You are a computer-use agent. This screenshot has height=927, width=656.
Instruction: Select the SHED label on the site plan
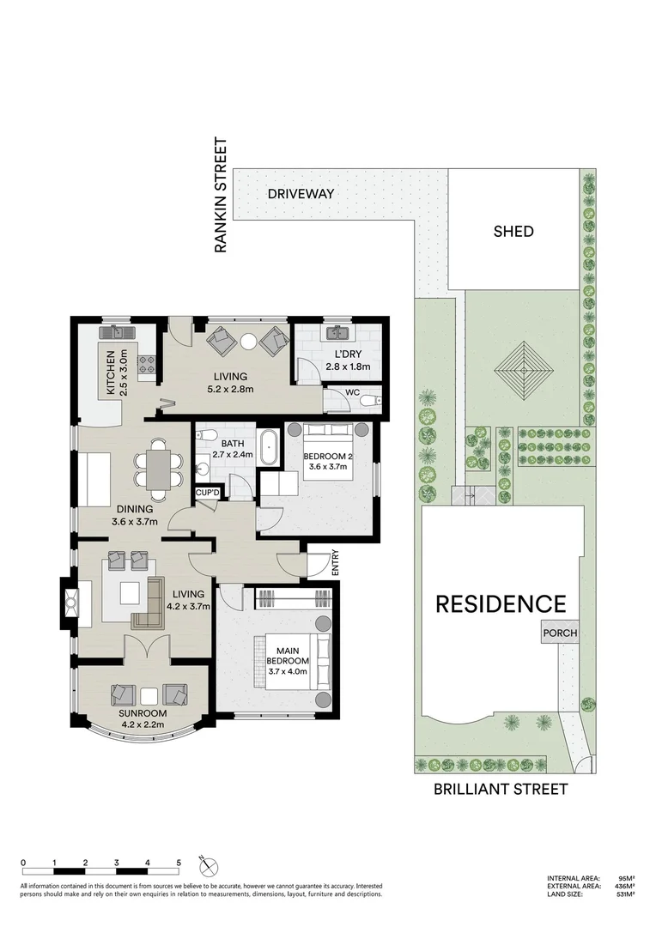coord(513,231)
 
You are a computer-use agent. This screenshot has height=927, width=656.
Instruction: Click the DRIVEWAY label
coord(300,194)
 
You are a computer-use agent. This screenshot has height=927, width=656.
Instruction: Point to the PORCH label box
coord(559,633)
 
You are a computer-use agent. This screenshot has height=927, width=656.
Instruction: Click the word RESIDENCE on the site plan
coord(501,603)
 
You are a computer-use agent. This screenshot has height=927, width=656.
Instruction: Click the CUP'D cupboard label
coord(208,492)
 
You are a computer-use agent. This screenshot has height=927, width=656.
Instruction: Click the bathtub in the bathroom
coord(270,449)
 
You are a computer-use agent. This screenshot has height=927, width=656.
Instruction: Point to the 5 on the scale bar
coord(179,863)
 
